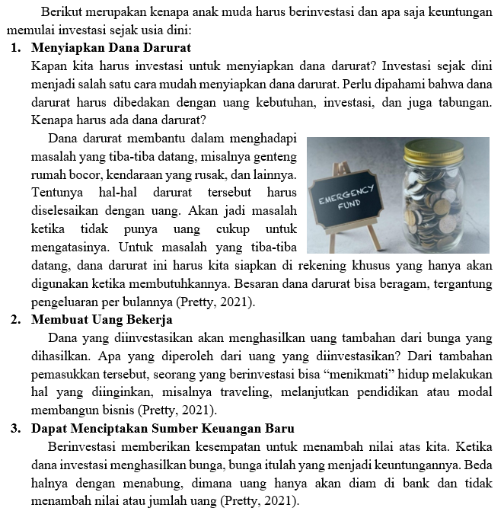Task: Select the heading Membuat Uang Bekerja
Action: (x=102, y=319)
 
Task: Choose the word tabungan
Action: (x=463, y=101)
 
